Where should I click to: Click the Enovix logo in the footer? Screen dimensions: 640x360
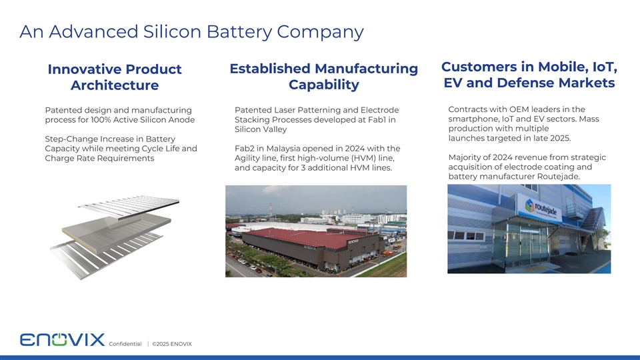click(62, 340)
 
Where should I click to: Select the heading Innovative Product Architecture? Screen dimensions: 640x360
click(115, 77)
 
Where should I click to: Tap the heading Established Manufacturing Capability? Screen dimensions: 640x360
click(323, 77)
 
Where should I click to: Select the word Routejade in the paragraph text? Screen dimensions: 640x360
click(554, 176)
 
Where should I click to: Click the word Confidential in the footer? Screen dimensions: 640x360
click(125, 344)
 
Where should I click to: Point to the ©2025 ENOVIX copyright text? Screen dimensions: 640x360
click(171, 344)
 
